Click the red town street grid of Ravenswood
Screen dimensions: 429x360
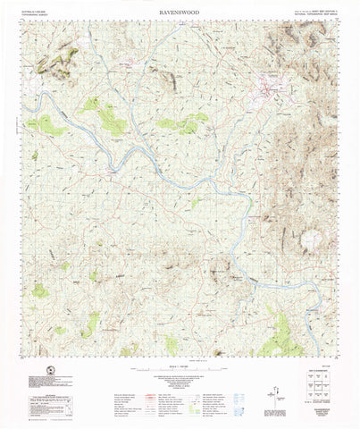(x=269, y=88)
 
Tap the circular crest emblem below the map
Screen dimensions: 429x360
(x=42, y=369)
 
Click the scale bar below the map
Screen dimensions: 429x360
(x=180, y=366)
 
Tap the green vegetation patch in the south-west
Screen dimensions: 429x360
(x=41, y=290)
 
